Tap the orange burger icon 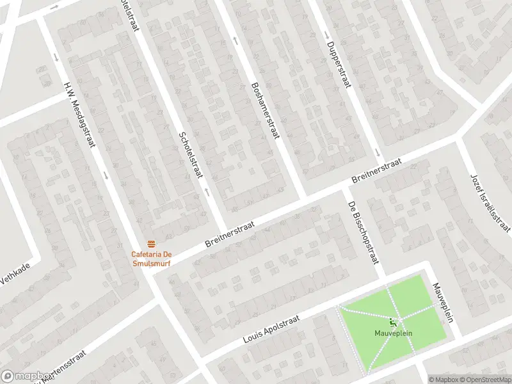pyautogui.click(x=152, y=244)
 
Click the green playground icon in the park pyautogui.click(x=392, y=322)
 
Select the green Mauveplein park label pyautogui.click(x=392, y=333)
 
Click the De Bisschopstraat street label pyautogui.click(x=364, y=232)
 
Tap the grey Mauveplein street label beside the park pyautogui.click(x=442, y=303)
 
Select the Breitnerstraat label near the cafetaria pyautogui.click(x=230, y=236)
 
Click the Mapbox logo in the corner pyautogui.click(x=26, y=376)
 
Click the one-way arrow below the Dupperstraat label pyautogui.click(x=377, y=152)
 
